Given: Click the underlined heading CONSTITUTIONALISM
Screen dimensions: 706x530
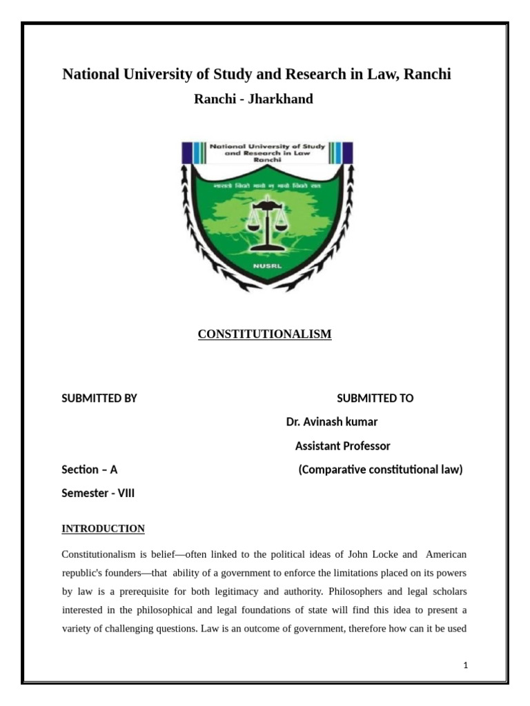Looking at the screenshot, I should tap(264, 334).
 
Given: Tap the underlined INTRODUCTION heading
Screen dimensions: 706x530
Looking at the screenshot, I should tap(103, 529).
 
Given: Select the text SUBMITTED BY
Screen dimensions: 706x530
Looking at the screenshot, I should tap(99, 399).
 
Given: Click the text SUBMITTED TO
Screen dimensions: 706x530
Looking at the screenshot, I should tap(375, 399).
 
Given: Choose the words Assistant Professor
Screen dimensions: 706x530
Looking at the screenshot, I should tap(342, 446).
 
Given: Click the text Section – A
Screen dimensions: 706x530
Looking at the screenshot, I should tap(90, 470).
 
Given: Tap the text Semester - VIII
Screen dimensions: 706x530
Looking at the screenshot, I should tap(98, 493).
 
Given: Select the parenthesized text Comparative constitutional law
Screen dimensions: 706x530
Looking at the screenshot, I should tap(380, 470).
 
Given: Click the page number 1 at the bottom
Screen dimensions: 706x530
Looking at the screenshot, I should tap(466, 665).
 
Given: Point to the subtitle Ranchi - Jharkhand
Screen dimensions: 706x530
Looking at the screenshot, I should tap(253, 99).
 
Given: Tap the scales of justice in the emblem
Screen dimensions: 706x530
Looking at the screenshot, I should tap(266, 224).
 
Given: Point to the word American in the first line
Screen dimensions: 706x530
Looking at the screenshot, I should tap(446, 554).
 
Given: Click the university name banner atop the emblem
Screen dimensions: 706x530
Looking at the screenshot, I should tap(267, 153).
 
